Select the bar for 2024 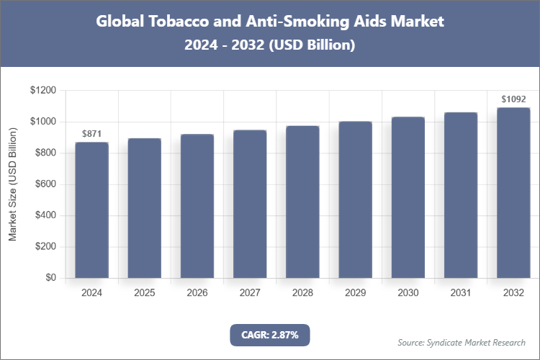pos(91,210)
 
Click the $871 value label pos(91,134)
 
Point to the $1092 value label pos(513,99)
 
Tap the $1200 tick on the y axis pos(42,91)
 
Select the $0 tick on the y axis pos(50,278)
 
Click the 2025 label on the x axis pos(144,293)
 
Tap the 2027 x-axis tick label pos(250,293)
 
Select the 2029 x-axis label pos(355,293)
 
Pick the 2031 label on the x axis pos(460,293)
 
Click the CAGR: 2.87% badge pos(269,335)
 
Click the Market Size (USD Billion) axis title pos(12,184)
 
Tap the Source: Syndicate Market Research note pos(462,342)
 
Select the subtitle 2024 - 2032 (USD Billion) pos(270,45)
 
